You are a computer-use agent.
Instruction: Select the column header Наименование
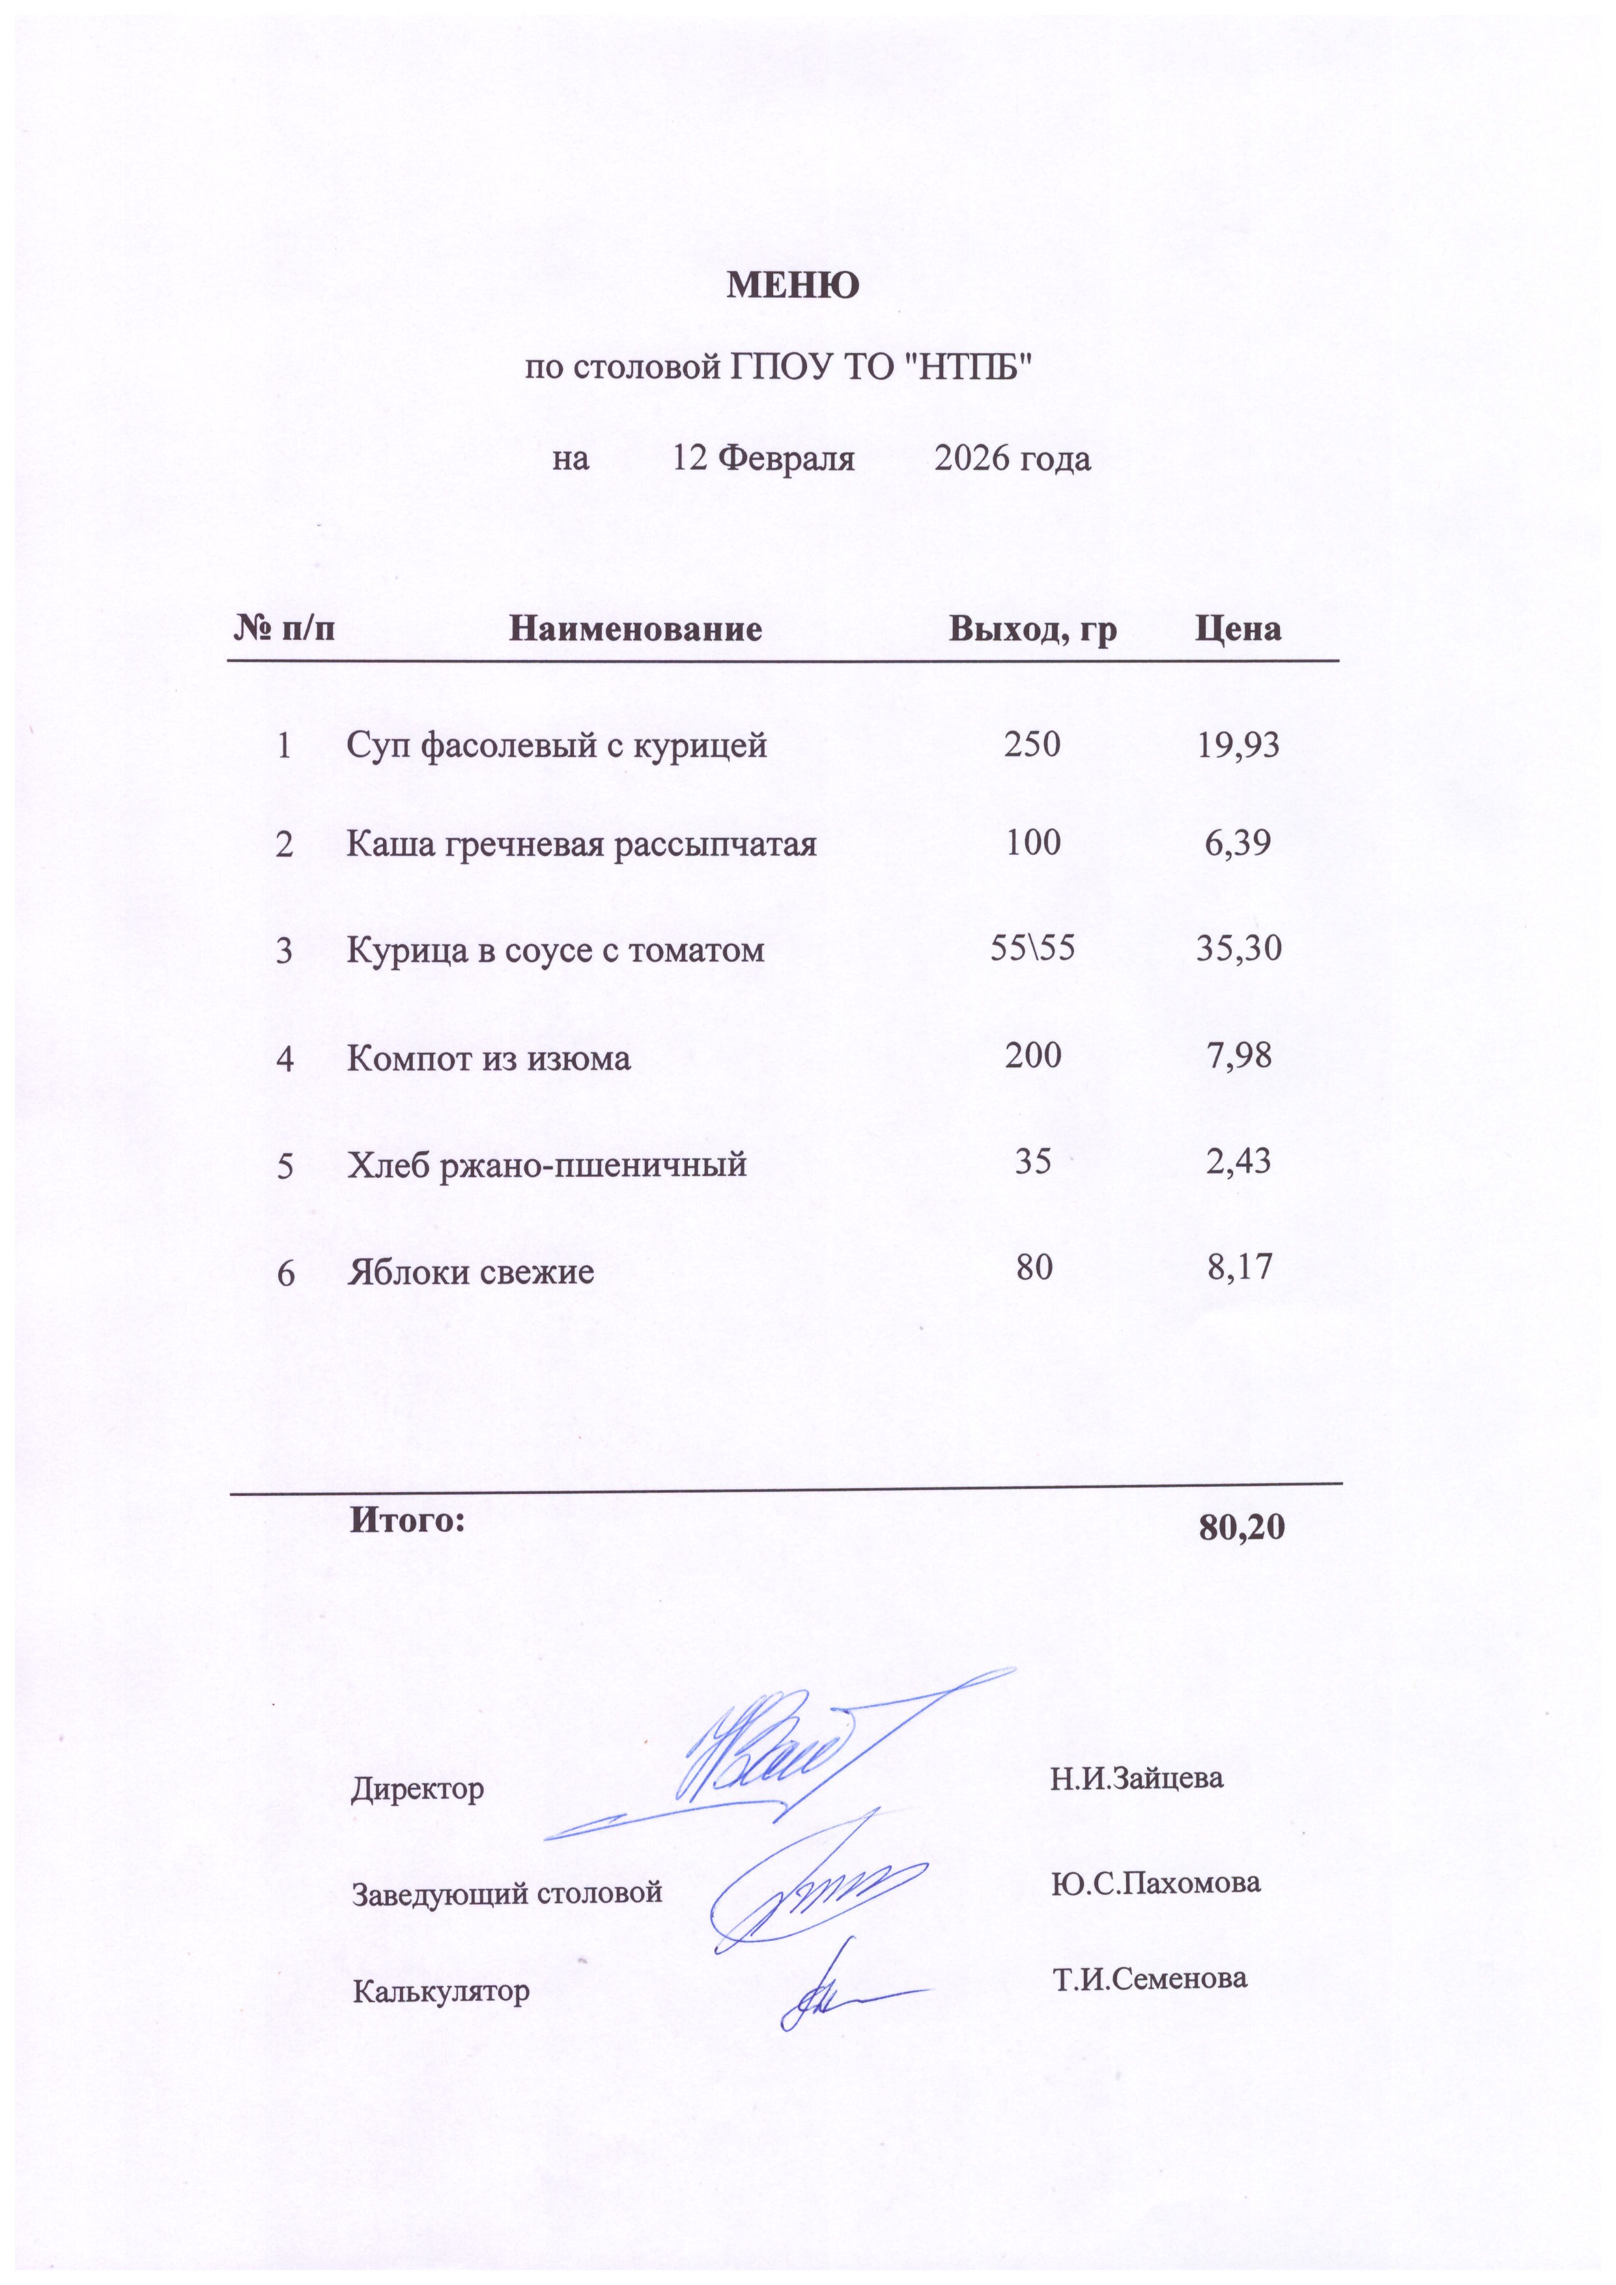(635, 629)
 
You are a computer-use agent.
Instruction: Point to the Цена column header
(1238, 629)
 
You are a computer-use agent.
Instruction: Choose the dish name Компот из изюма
(489, 1057)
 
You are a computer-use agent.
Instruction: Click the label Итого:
(407, 1519)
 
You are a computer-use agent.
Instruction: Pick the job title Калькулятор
(441, 1991)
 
